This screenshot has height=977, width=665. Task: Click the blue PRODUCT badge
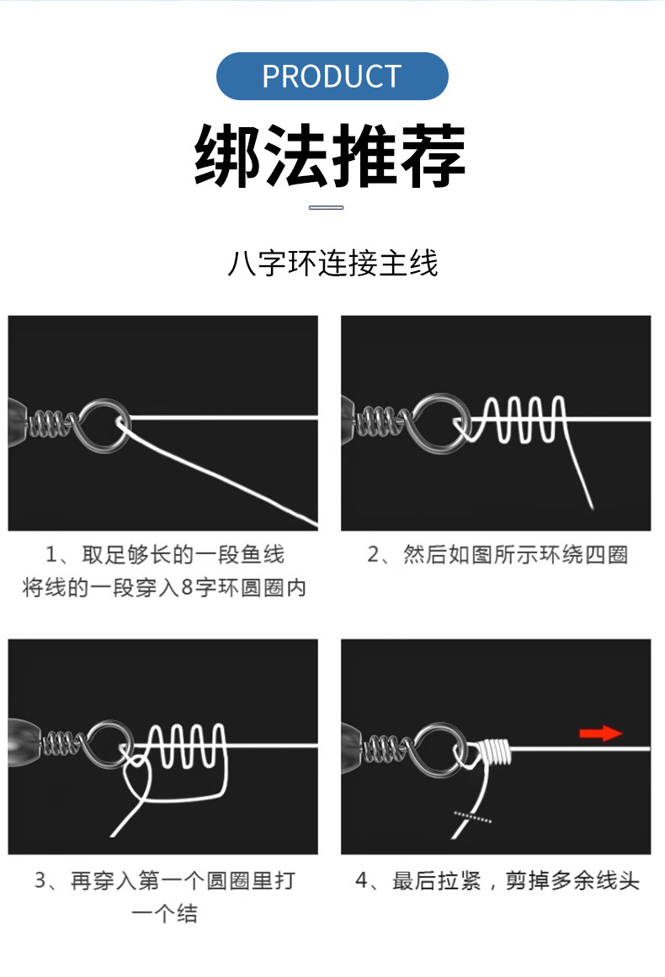332,77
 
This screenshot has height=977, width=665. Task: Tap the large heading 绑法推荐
331,157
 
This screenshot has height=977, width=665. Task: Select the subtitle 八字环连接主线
332,263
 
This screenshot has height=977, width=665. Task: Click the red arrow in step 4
601,734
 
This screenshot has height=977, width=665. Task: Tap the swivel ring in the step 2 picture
435,419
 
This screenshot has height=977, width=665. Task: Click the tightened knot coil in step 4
494,750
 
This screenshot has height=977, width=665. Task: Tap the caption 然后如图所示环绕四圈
498,556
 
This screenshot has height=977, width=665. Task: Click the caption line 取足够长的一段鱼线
165,555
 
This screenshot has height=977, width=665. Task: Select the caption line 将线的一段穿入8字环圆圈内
164,588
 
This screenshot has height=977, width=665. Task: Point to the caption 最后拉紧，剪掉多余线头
497,882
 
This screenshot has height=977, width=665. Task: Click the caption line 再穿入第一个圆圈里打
165,882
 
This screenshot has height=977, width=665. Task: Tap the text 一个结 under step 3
164,915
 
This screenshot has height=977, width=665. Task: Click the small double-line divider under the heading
327,207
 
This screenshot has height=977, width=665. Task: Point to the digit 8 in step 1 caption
188,589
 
